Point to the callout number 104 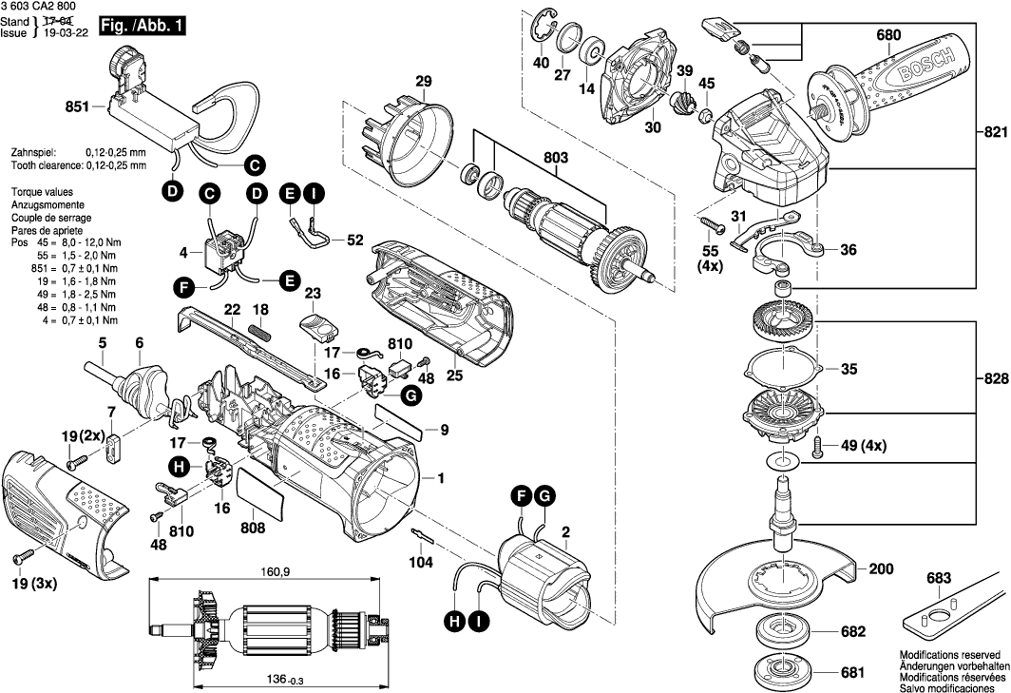[x=420, y=563]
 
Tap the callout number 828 [x=994, y=378]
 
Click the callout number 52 [x=354, y=241]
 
